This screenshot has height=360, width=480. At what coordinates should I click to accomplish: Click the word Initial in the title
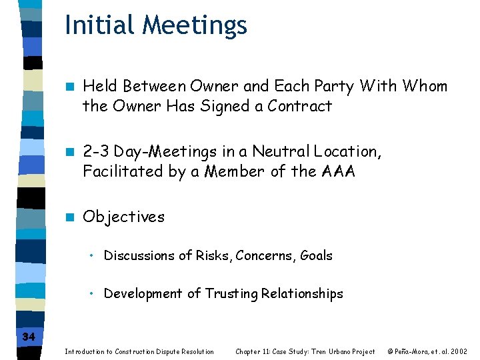[x=91, y=25]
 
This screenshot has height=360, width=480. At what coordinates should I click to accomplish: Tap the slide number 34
[x=28, y=337]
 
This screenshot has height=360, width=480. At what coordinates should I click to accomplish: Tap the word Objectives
[x=123, y=217]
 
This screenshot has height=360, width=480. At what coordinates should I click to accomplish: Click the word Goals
[x=316, y=255]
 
